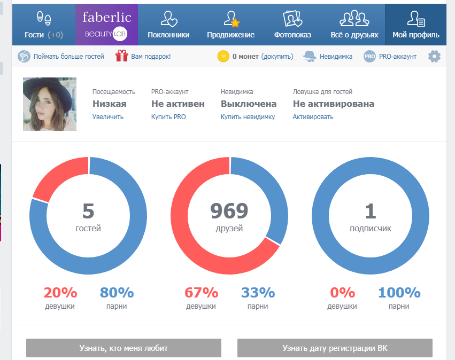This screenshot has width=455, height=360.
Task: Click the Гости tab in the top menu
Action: coord(44,25)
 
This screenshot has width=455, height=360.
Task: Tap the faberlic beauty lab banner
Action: coord(107,25)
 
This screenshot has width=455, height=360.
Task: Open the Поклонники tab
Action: coord(168,25)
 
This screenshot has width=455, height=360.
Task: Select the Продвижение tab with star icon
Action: coord(230,25)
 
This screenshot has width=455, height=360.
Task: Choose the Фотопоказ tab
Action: coord(292,25)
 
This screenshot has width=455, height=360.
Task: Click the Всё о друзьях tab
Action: coord(354,25)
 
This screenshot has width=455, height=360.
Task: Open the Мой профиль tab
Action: coord(416,25)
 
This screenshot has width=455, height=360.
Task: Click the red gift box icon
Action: coord(122,56)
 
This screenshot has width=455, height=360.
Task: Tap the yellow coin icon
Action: coord(223,56)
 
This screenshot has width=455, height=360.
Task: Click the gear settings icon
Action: coord(434,56)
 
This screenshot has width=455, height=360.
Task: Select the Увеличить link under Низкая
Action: coord(108,117)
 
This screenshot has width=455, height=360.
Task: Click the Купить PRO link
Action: coord(168,117)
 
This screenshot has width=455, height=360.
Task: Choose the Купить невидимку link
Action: coord(248,117)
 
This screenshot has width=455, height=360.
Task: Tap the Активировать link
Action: coord(313,117)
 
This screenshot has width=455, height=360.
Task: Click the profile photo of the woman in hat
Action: coord(50,104)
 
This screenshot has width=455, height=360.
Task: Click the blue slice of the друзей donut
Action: coord(267,191)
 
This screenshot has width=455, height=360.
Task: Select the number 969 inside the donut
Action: coord(229,211)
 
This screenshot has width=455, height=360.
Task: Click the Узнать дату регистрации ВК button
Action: coord(335,348)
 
